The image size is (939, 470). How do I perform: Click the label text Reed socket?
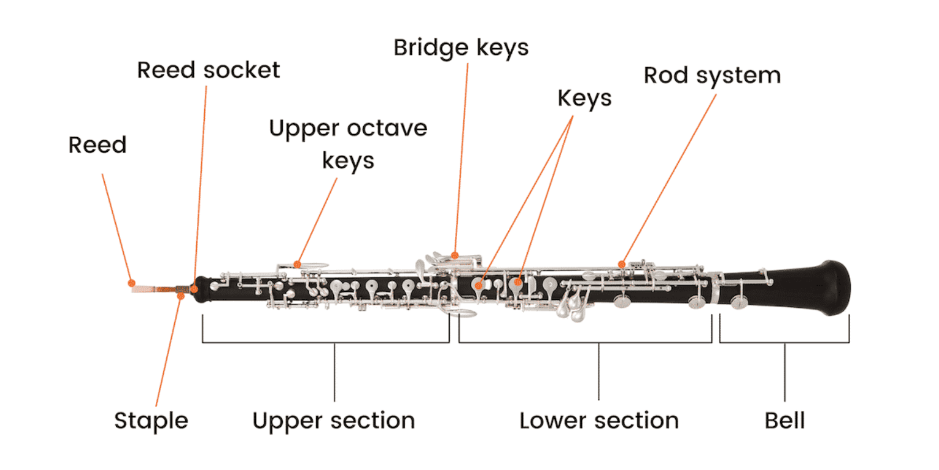[x=208, y=70]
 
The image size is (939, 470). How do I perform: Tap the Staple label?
[x=151, y=421]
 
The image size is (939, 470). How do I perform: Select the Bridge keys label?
[x=461, y=48]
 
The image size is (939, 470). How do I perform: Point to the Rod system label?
[x=712, y=76]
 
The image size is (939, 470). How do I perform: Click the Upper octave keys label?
[x=348, y=144]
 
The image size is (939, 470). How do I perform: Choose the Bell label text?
[x=784, y=421]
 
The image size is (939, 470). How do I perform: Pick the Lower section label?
[x=598, y=421]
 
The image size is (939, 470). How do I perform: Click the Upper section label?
[x=333, y=421]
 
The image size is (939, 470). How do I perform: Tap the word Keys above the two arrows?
[x=584, y=98]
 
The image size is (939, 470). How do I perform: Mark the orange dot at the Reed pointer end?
[x=131, y=282]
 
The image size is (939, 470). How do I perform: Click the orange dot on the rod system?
[x=622, y=264]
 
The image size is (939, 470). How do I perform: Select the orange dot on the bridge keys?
[x=455, y=255]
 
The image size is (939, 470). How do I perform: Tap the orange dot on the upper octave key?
[x=297, y=264]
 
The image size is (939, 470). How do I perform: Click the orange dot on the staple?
[x=181, y=296]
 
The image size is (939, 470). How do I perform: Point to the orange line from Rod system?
[x=670, y=177]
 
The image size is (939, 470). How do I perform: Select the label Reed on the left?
[x=97, y=145]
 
